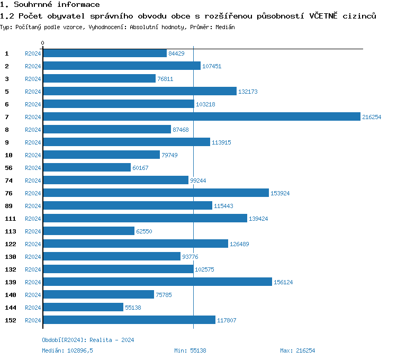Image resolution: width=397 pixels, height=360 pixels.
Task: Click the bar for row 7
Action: [201, 117]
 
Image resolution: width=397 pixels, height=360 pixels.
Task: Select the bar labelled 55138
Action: [83, 308]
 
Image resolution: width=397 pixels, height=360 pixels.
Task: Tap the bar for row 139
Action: [157, 282]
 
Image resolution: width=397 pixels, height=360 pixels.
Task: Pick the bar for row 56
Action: [87, 168]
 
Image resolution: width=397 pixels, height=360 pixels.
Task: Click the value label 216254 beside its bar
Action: [372, 117]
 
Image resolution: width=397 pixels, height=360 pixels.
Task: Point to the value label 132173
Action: [248, 92]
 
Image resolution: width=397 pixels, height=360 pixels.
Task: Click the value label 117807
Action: [227, 320]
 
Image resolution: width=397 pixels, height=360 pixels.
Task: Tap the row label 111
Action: [10, 219]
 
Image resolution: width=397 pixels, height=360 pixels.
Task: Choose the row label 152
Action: [10, 320]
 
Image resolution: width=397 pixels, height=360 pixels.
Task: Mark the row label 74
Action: [8, 181]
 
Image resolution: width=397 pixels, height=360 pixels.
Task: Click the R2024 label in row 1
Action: [33, 53]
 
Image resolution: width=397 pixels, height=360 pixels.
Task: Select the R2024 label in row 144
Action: [33, 308]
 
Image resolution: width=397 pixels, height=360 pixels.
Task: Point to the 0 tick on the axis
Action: [43, 43]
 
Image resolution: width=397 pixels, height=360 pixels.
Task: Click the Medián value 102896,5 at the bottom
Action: [77, 350]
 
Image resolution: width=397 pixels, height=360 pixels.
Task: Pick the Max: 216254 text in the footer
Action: [297, 350]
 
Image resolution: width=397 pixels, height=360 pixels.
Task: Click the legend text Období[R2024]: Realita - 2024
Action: [88, 340]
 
